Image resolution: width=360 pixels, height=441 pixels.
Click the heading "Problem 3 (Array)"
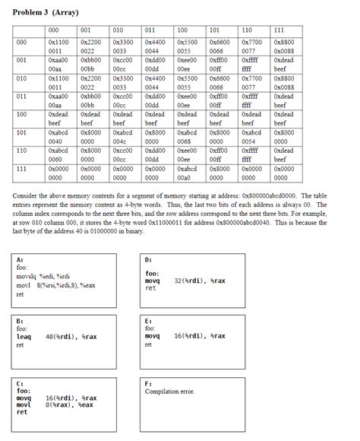pyautogui.click(x=46, y=13)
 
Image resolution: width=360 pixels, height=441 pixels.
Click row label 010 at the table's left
pyautogui.click(x=22, y=78)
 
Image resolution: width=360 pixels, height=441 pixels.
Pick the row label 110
pyautogui.click(x=22, y=151)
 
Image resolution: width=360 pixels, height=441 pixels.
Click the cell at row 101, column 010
pyautogui.click(x=123, y=138)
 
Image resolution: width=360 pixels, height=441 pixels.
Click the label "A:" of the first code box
pyautogui.click(x=20, y=260)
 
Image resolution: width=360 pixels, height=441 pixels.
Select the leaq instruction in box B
pyautogui.click(x=24, y=336)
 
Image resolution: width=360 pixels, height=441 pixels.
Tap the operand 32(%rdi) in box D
pyautogui.click(x=188, y=281)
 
